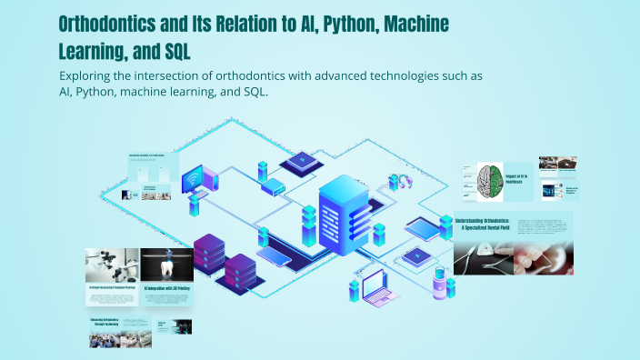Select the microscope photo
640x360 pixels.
[x=112, y=265]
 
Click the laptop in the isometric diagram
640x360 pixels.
[x=378, y=288]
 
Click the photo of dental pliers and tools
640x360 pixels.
[x=482, y=256]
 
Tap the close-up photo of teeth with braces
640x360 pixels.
[x=542, y=256]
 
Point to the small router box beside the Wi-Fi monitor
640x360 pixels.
[x=274, y=186]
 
